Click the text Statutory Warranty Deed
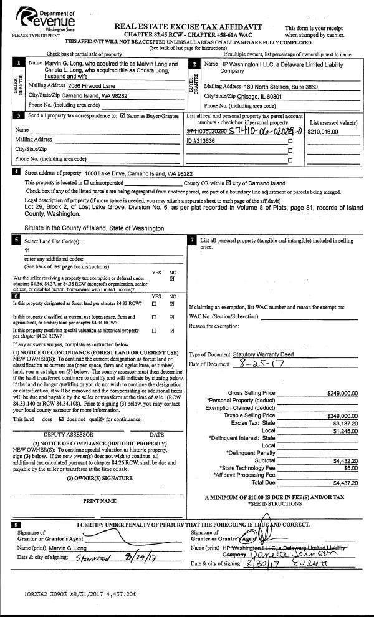pos(262,354)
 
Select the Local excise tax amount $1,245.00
pos(346,430)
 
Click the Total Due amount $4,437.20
pos(345,482)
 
